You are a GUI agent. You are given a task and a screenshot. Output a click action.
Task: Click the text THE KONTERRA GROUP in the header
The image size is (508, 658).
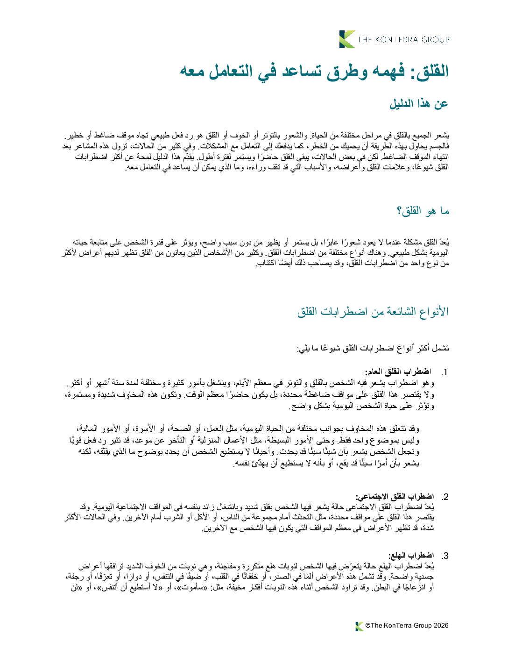pyautogui.click(x=403, y=40)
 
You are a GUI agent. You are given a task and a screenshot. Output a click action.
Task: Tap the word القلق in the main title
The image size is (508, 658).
pyautogui.click(x=429, y=72)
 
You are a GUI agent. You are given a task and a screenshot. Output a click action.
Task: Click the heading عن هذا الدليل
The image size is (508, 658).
pyautogui.click(x=419, y=104)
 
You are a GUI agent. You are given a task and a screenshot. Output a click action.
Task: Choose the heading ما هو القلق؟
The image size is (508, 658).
pyautogui.click(x=423, y=211)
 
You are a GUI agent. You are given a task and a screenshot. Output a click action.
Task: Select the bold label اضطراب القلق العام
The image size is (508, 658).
pyautogui.click(x=398, y=372)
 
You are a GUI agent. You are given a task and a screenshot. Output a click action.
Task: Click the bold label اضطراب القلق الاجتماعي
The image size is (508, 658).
pyautogui.click(x=395, y=496)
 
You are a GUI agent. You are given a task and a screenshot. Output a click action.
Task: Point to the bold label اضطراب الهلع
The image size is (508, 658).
pyautogui.click(x=411, y=556)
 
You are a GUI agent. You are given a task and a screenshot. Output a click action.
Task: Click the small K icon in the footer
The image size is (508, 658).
pyautogui.click(x=359, y=626)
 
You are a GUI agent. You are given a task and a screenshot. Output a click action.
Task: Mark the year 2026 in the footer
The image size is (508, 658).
pyautogui.click(x=441, y=626)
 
